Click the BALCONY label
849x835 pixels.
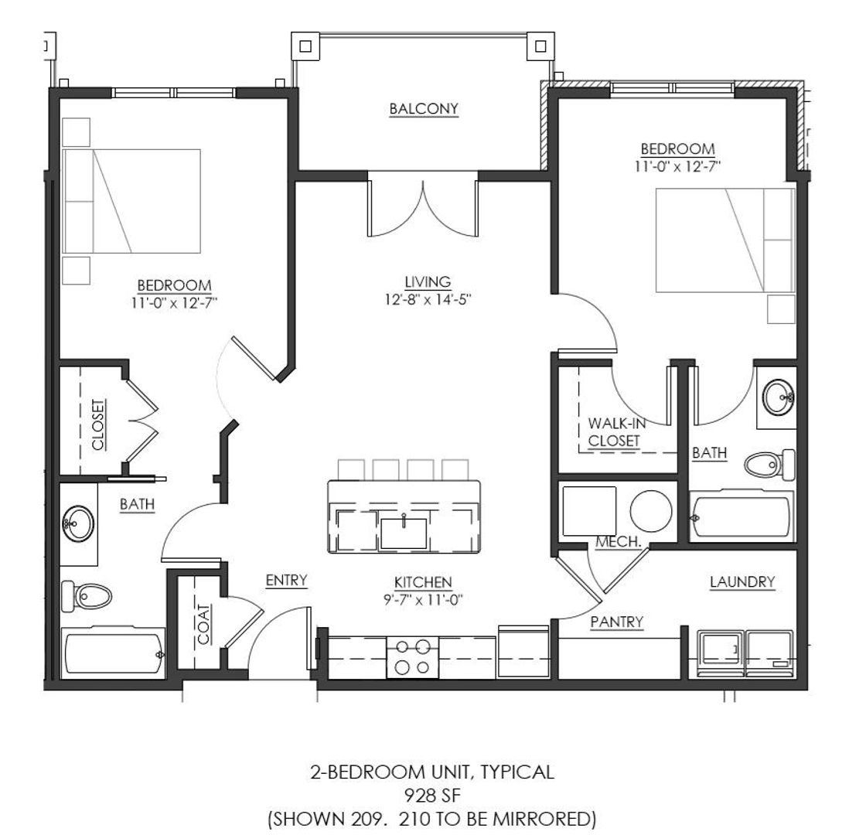pyautogui.click(x=424, y=109)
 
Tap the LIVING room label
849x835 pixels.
pyautogui.click(x=428, y=281)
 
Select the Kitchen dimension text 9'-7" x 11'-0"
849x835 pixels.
pyautogui.click(x=423, y=599)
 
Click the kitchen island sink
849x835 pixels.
pyautogui.click(x=404, y=533)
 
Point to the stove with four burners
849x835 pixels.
pyautogui.click(x=412, y=657)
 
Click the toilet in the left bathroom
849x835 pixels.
pyautogui.click(x=86, y=595)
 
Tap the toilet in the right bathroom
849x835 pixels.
pyautogui.click(x=769, y=464)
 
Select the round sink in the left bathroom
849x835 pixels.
pyautogui.click(x=78, y=523)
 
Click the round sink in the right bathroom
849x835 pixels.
pyautogui.click(x=779, y=397)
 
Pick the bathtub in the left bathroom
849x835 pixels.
pyautogui.click(x=114, y=653)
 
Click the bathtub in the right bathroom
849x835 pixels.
pyautogui.click(x=742, y=516)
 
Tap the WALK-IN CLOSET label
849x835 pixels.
pyautogui.click(x=616, y=432)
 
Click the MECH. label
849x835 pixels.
pyautogui.click(x=619, y=541)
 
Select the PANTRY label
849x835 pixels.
pyautogui.click(x=617, y=622)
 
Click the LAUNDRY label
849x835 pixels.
pyautogui.click(x=742, y=581)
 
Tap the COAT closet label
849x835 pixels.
pyautogui.click(x=203, y=624)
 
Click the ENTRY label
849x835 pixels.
pyautogui.click(x=286, y=580)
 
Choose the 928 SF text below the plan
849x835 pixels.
pyautogui.click(x=433, y=795)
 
